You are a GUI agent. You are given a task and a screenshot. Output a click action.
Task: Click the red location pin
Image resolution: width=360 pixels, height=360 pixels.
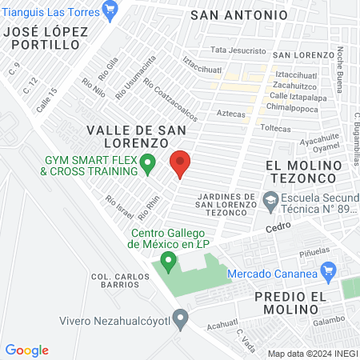pyautogui.click(x=180, y=163)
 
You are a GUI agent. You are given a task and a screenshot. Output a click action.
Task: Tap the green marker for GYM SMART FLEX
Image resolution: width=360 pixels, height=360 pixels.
pyautogui.click(x=147, y=165)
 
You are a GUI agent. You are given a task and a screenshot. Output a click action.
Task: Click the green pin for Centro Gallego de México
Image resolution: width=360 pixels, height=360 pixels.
pyautogui.click(x=168, y=260)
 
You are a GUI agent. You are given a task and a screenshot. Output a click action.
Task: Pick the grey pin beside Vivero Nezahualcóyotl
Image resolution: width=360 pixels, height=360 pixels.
pyautogui.click(x=181, y=321)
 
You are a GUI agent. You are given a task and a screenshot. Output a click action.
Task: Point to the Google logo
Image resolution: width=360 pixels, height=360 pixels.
pyautogui.click(x=27, y=350)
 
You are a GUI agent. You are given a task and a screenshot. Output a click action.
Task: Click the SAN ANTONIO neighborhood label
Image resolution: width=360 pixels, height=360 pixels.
pyautogui.click(x=239, y=15)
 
